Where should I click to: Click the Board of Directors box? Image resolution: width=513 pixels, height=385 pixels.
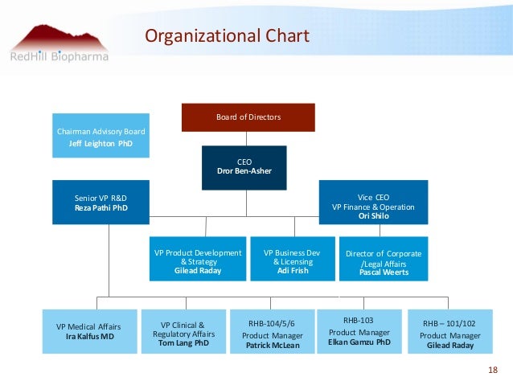pyautogui.click(x=248, y=117)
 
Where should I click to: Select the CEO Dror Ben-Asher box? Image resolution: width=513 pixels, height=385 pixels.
pyautogui.click(x=244, y=167)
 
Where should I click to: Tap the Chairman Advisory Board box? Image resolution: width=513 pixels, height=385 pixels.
pyautogui.click(x=101, y=137)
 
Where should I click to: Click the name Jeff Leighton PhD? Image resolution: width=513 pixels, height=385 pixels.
pyautogui.click(x=101, y=144)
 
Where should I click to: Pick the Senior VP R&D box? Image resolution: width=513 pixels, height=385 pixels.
pyautogui.click(x=101, y=202)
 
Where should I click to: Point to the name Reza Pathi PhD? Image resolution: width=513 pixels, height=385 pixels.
pyautogui.click(x=101, y=207)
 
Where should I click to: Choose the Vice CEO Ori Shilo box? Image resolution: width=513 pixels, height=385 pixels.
pyautogui.click(x=373, y=202)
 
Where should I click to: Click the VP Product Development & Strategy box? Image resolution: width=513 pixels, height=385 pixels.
pyautogui.click(x=198, y=259)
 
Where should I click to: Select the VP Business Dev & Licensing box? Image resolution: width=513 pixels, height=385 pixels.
pyautogui.click(x=293, y=259)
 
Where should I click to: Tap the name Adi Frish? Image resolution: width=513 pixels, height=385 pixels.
pyautogui.click(x=293, y=272)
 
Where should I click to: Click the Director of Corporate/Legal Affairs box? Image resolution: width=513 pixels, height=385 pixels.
pyautogui.click(x=384, y=259)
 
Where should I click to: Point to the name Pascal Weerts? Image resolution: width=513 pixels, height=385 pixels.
pyautogui.click(x=384, y=272)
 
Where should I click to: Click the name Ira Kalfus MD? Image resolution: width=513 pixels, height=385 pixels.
pyautogui.click(x=88, y=337)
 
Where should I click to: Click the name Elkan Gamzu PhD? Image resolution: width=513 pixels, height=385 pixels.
pyautogui.click(x=359, y=342)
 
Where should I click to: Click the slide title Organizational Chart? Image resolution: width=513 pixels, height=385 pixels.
pyautogui.click(x=226, y=37)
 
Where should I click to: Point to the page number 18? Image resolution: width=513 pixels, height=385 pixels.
pyautogui.click(x=493, y=370)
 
